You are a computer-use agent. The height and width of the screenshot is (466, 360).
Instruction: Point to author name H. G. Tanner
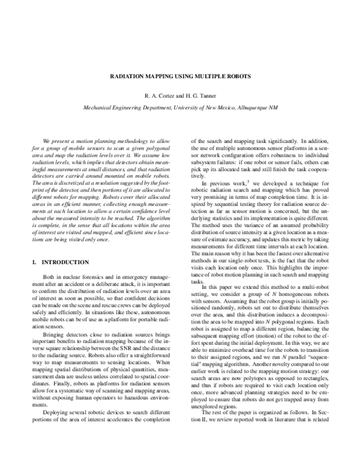200,95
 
